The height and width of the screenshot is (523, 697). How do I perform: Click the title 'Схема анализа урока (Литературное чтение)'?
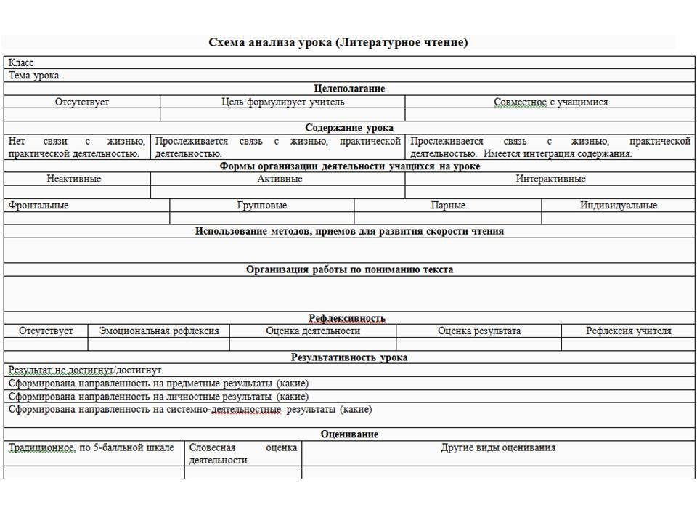338,42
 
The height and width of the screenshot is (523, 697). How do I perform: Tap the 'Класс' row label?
21,63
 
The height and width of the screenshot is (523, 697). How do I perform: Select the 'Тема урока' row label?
34,76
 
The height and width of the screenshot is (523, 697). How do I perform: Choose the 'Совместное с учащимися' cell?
551,102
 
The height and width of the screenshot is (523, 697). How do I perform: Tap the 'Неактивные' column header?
74,179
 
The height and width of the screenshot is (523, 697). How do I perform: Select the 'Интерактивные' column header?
550,179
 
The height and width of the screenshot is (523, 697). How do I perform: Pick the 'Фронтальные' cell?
38,206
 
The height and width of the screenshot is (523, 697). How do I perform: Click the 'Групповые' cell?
261,206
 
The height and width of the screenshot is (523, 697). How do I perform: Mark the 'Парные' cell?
448,206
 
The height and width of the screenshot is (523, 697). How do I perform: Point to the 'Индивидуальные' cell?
619,206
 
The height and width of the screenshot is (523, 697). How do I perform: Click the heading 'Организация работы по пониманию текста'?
349,269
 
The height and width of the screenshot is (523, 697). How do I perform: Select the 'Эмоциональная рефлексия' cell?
159,331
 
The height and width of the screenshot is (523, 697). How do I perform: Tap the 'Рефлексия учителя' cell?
629,331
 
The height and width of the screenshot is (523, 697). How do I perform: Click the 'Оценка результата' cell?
479,331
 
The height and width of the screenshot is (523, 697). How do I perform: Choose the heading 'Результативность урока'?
349,357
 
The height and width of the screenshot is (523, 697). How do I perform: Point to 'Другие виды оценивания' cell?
498,447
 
